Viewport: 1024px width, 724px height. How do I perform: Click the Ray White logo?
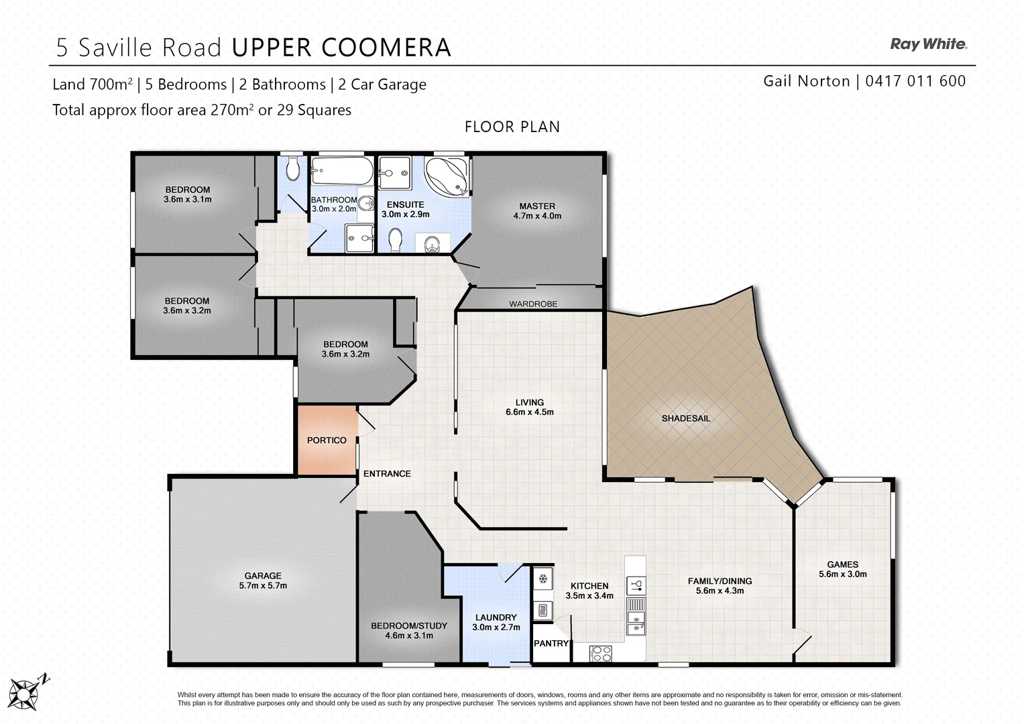(x=928, y=44)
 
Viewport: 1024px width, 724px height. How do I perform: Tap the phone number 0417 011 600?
(x=915, y=81)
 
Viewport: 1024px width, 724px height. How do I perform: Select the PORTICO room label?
(x=327, y=440)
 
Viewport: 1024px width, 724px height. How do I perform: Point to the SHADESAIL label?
(x=685, y=418)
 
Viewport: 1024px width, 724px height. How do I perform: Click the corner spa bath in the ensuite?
(x=447, y=176)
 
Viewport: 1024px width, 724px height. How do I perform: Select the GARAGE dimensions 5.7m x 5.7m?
(x=263, y=585)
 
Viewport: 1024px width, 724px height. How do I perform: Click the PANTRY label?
(x=551, y=644)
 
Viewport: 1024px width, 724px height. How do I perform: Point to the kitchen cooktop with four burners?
(x=600, y=653)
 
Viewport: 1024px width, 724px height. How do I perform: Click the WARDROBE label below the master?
(x=533, y=304)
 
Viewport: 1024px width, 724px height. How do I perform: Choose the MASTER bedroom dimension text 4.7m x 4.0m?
(x=537, y=216)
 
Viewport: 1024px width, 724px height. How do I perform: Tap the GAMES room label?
(x=842, y=564)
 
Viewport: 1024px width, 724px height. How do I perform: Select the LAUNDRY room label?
(x=496, y=617)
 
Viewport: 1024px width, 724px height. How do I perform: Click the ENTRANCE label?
(x=387, y=474)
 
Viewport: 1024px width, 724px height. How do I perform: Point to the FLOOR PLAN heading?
(x=512, y=127)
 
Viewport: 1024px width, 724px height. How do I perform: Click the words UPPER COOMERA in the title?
(x=341, y=48)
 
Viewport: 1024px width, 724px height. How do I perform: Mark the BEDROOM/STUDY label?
(x=409, y=625)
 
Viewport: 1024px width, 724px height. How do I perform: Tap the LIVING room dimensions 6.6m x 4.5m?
(x=530, y=412)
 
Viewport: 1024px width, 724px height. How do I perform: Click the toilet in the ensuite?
(x=395, y=237)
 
